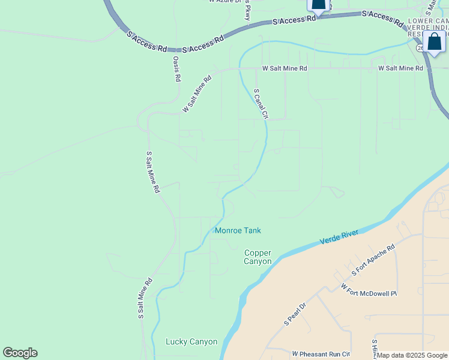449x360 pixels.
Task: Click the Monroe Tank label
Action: coord(238,230)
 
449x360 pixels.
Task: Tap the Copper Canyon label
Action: coord(258,257)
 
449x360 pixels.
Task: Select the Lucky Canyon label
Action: coord(191,342)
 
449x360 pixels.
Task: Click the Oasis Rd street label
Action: coord(177,69)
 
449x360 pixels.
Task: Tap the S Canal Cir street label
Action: coord(261,104)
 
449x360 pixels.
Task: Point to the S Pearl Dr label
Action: coord(295,314)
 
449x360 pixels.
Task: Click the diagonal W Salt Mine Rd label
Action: coord(197,94)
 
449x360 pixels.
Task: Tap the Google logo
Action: coord(20,353)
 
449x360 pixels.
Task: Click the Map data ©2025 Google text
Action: coord(412,356)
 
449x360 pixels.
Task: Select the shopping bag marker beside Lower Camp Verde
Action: coord(434,42)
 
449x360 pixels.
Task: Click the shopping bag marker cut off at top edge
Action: coord(318,5)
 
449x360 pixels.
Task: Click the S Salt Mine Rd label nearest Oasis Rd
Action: coord(152,172)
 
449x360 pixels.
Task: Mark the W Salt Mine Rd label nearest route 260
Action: coord(400,68)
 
